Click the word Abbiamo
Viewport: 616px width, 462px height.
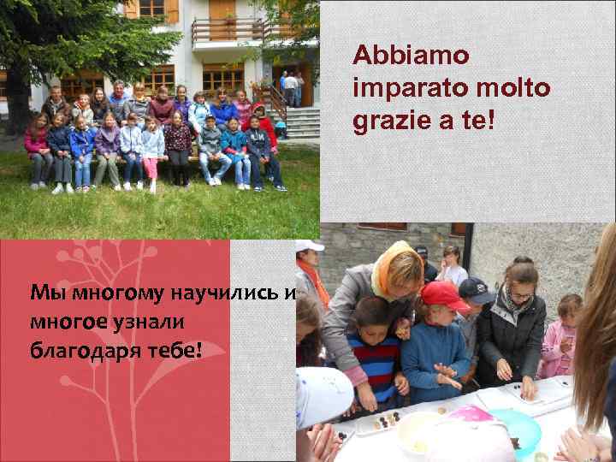pos(411,56)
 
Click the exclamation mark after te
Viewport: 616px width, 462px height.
pos(490,120)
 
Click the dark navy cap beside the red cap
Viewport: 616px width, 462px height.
pos(476,291)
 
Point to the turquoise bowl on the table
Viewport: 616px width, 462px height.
pos(513,428)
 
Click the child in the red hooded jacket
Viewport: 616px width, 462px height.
pos(264,124)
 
